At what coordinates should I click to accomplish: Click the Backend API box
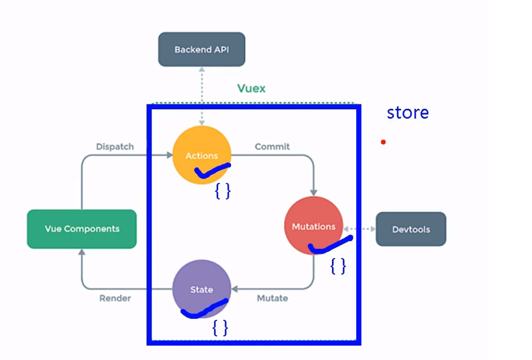tap(201, 49)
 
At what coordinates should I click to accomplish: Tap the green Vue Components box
tap(82, 229)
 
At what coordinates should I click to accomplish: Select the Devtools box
tap(411, 229)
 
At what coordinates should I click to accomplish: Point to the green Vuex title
tap(251, 89)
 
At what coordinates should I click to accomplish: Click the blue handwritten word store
tap(407, 113)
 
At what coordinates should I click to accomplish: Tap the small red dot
tap(383, 142)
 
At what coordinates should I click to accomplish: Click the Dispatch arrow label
tap(115, 147)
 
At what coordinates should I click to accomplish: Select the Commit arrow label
tap(272, 147)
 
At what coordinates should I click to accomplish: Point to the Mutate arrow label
tap(272, 298)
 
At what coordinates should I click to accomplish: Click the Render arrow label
tap(115, 298)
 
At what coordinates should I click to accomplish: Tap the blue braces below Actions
tap(223, 191)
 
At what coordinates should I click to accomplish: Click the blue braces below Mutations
tap(338, 267)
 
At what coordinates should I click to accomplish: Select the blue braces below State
tap(220, 327)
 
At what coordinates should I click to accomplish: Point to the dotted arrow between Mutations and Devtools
tap(359, 229)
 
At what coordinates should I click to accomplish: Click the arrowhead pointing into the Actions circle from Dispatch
tap(169, 155)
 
